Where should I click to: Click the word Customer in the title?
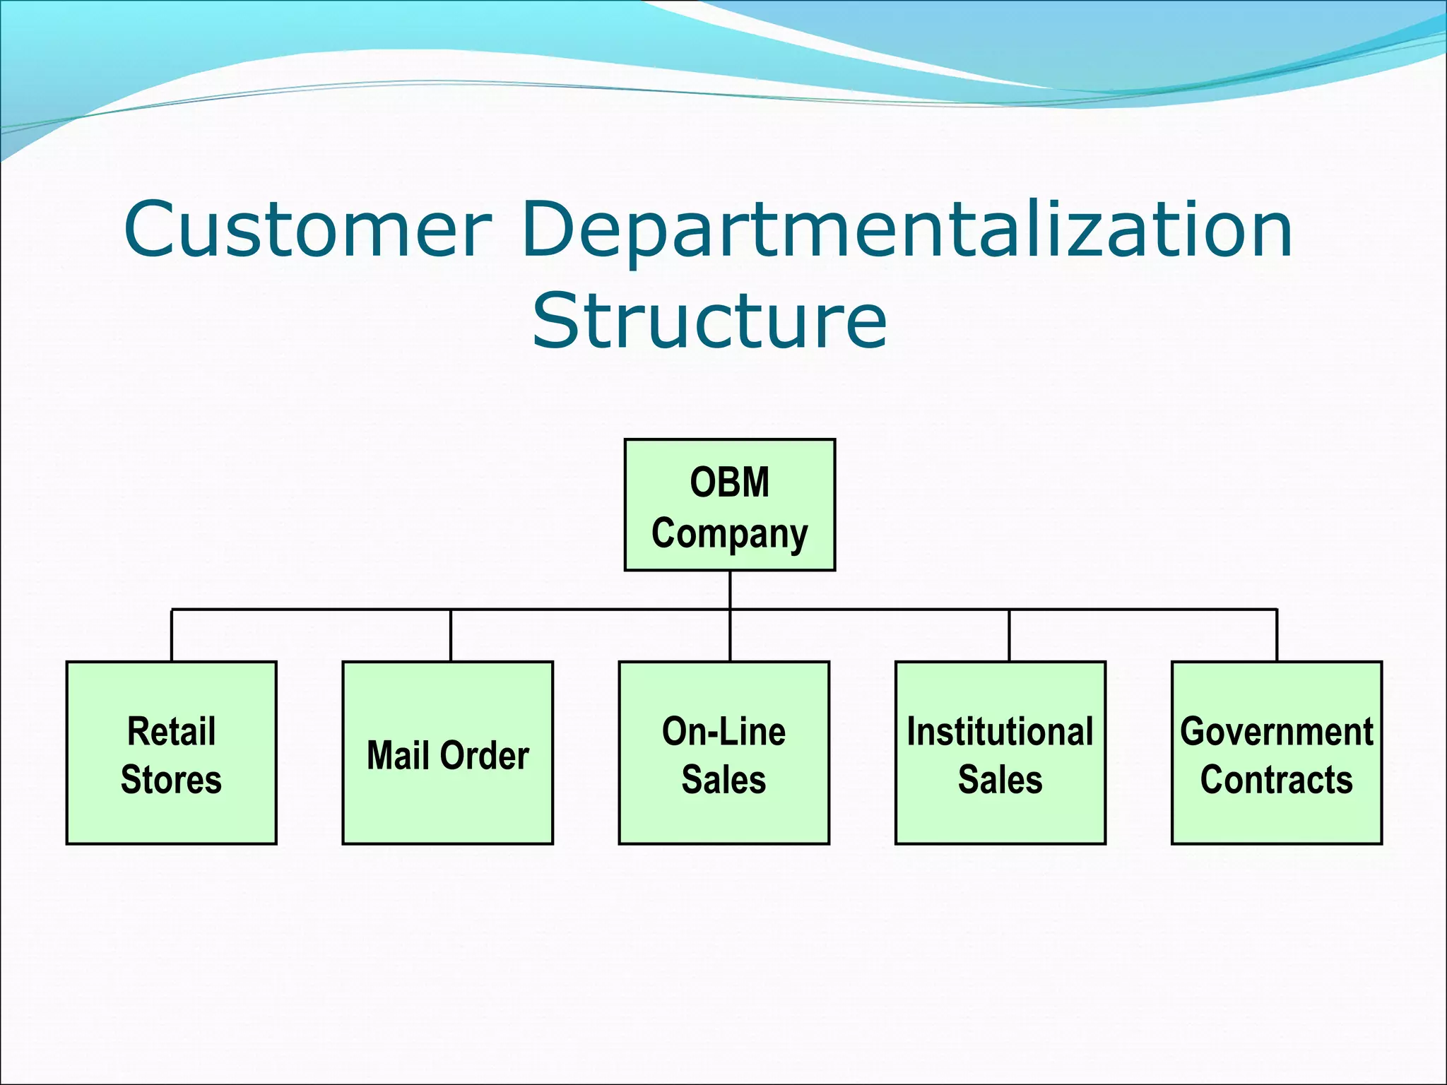[307, 230]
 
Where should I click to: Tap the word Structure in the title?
[709, 321]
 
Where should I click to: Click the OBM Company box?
[729, 505]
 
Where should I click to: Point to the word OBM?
[729, 482]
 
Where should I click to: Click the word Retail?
[171, 731]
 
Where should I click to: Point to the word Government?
[1276, 731]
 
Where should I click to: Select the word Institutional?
[1000, 731]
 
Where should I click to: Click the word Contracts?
[1276, 780]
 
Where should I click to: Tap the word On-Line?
[723, 731]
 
